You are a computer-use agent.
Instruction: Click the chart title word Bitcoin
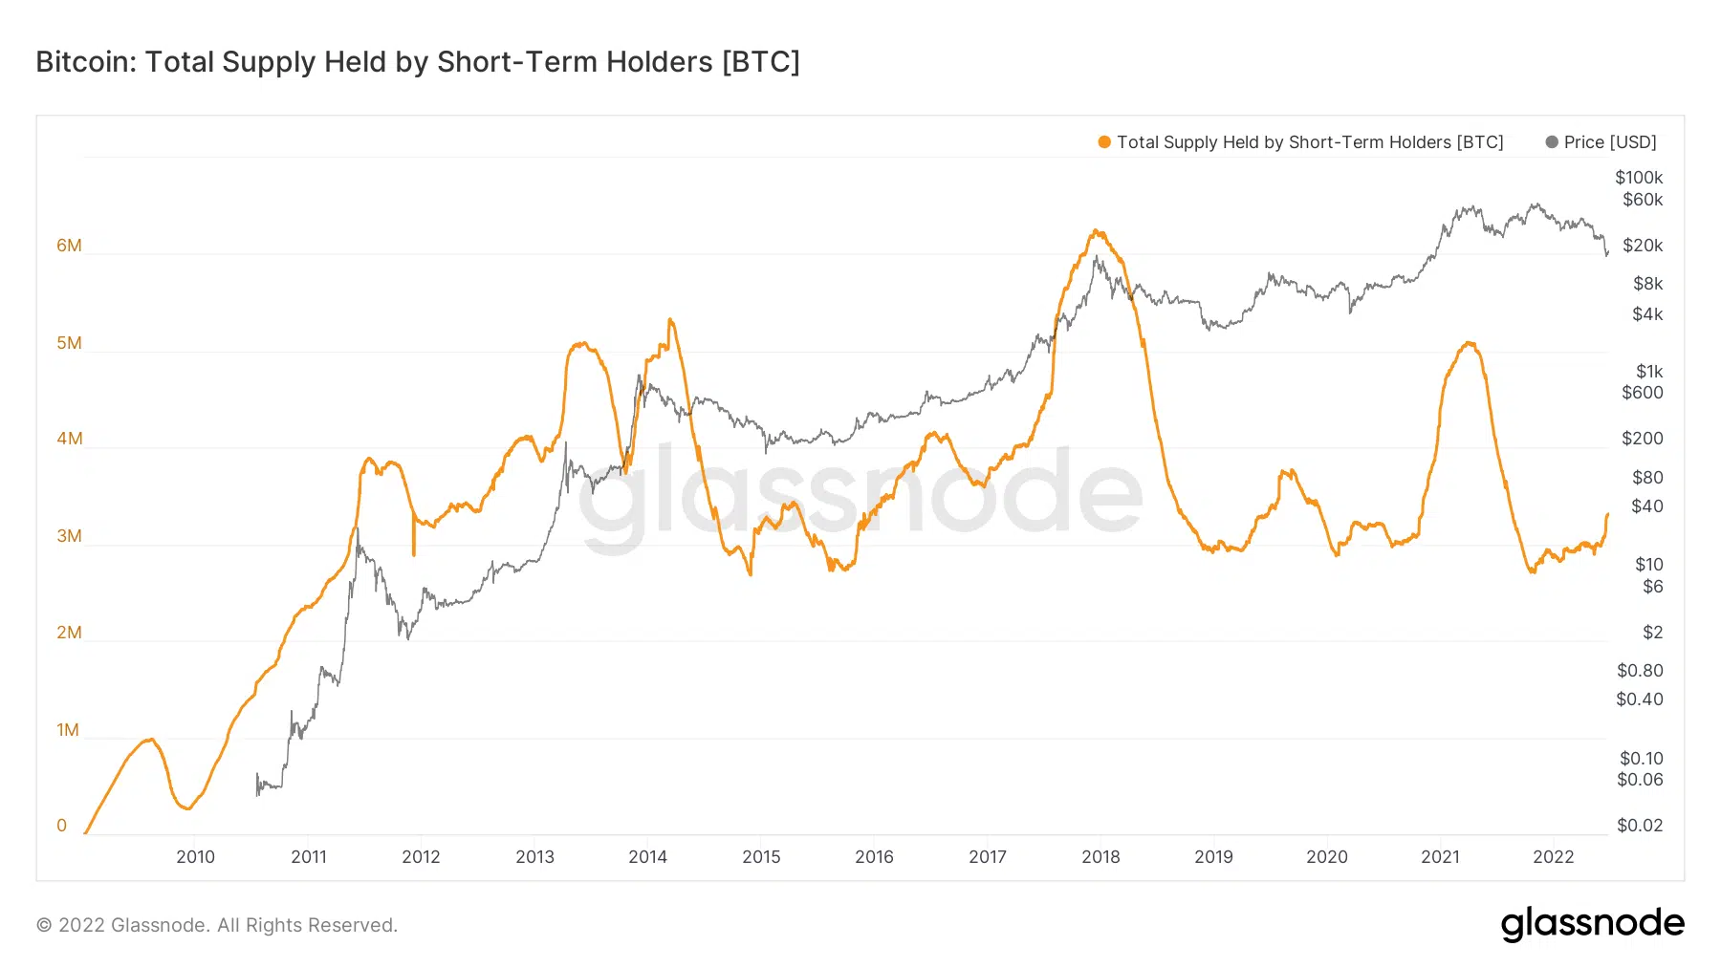[85, 62]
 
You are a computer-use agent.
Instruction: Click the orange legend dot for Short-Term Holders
[1104, 142]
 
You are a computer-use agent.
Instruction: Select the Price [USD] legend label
[1610, 142]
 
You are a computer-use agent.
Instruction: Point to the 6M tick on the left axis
[69, 246]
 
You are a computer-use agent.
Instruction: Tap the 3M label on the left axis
[69, 536]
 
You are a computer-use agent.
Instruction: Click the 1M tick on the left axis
[68, 730]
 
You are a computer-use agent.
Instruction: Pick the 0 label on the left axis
[62, 826]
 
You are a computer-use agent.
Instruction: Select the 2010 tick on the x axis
[195, 857]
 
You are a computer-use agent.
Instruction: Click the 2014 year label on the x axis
[647, 857]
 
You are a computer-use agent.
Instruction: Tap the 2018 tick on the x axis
[1100, 857]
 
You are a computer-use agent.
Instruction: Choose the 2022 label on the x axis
[1553, 857]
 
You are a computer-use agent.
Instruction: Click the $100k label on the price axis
[1639, 178]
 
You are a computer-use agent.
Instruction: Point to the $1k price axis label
[1649, 372]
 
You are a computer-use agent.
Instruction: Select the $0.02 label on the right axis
[1640, 826]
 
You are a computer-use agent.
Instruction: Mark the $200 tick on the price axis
[1643, 439]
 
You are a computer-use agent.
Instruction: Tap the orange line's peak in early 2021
[1469, 343]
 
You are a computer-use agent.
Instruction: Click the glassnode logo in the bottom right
[1592, 924]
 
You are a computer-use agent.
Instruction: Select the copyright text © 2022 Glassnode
[216, 925]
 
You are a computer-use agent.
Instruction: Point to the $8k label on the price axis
[1647, 284]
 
